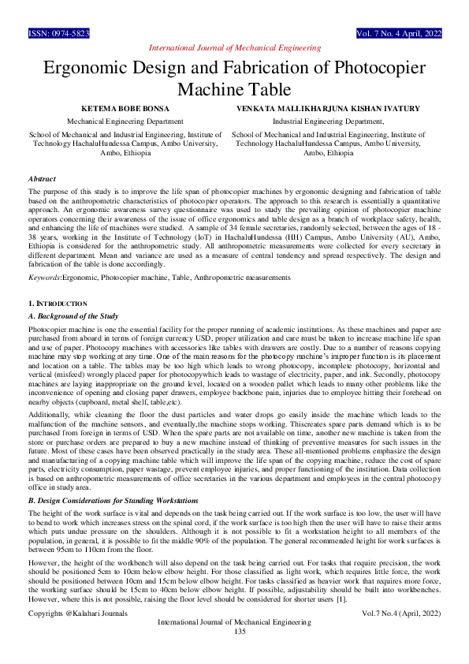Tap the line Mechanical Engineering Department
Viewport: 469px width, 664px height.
(125, 121)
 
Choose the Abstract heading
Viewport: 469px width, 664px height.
(41, 180)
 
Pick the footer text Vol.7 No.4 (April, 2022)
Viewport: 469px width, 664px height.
(401, 635)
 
